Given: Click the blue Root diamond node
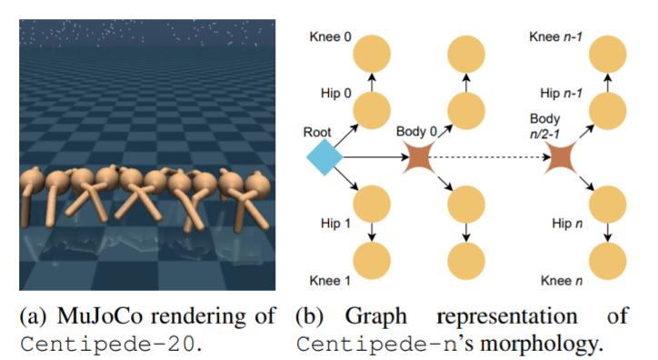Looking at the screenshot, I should coord(325,159).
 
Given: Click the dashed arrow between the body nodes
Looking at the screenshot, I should coord(491,160).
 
